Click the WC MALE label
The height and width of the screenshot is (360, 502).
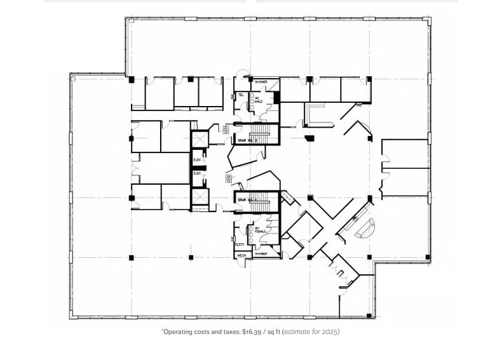259,100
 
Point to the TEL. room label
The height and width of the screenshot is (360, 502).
241,95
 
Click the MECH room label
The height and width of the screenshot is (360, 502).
241,255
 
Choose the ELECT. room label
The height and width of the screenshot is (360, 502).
240,244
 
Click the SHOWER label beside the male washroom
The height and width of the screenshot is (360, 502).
261,82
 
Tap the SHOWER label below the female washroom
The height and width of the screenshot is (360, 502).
261,254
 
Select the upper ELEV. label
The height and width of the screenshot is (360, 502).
197,161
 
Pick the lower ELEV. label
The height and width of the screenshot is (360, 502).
197,173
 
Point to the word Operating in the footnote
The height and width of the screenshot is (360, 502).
179,331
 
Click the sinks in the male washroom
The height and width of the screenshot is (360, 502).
252,102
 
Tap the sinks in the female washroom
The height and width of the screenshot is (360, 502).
252,232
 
